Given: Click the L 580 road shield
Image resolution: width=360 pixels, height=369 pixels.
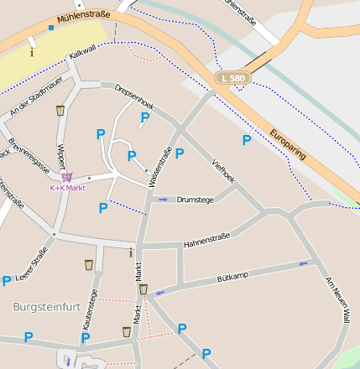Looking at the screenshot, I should pyautogui.click(x=232, y=78).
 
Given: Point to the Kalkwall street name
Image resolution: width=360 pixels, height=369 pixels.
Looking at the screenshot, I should pyautogui.click(x=83, y=51).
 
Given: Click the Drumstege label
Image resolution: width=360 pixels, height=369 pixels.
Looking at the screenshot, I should pyautogui.click(x=196, y=200).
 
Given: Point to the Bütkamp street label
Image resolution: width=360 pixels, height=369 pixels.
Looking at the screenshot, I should pyautogui.click(x=232, y=277).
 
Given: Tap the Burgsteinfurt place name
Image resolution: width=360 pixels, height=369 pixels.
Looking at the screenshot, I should pyautogui.click(x=47, y=307).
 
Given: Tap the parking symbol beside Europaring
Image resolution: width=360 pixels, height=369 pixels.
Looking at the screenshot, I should pyautogui.click(x=247, y=140).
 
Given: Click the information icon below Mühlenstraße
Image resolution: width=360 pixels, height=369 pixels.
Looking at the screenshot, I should pyautogui.click(x=33, y=52).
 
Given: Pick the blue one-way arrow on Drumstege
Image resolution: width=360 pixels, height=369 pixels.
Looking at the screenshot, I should pyautogui.click(x=163, y=200).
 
